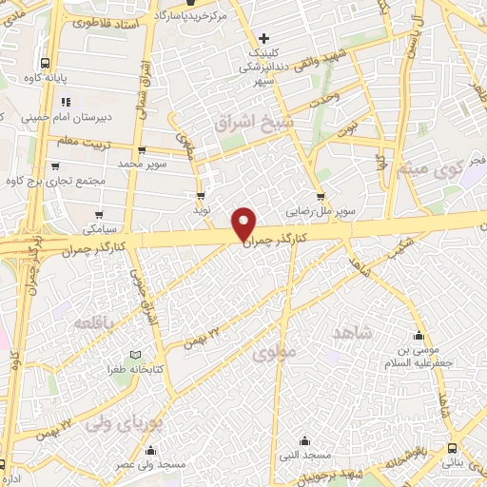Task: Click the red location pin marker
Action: click(x=245, y=224)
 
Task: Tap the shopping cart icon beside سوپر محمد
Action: click(x=142, y=149)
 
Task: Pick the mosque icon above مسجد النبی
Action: click(x=304, y=440)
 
